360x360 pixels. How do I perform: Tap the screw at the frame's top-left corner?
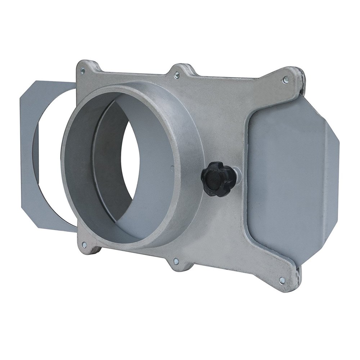[x=83, y=71]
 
